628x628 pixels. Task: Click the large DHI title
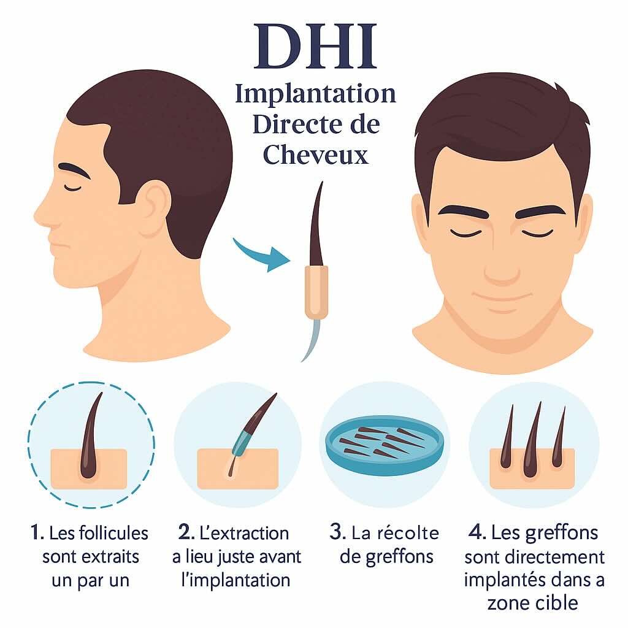point(316,46)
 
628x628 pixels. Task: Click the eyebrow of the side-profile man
point(74,170)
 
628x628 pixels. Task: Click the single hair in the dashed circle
point(91,437)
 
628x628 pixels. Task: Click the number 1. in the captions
point(37,532)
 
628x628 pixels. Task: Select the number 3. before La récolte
point(338,532)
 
